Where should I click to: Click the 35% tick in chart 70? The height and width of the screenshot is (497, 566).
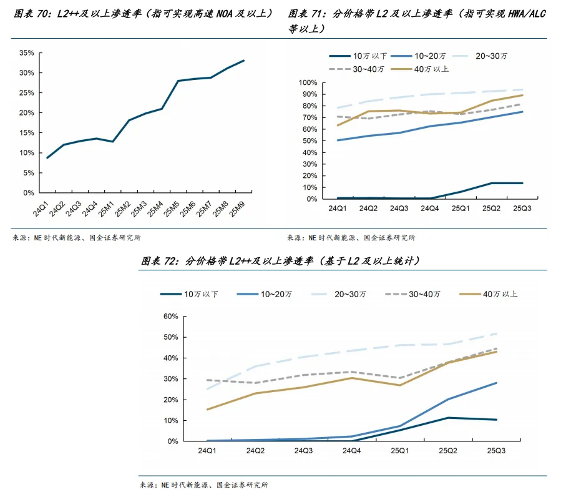click(27, 53)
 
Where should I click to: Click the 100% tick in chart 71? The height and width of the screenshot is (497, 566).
click(308, 82)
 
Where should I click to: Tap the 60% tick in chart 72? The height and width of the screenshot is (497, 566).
click(170, 316)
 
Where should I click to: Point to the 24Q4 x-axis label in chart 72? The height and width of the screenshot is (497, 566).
click(351, 450)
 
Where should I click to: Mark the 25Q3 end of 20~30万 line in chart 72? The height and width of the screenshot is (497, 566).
click(497, 333)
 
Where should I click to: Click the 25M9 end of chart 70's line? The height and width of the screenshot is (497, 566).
click(244, 61)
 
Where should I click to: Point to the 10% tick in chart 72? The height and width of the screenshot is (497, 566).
click(170, 420)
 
